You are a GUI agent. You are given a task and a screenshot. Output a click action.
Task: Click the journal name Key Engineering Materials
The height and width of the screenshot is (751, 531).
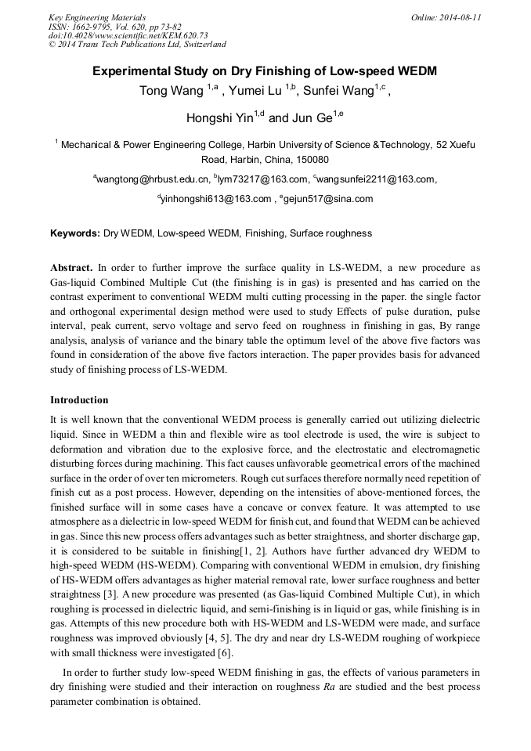pyautogui.click(x=96, y=17)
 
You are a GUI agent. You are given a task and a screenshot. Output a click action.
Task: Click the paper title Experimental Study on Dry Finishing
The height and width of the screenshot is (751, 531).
pyautogui.click(x=265, y=71)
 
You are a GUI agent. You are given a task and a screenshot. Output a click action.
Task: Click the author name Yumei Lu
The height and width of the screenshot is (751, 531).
pyautogui.click(x=257, y=92)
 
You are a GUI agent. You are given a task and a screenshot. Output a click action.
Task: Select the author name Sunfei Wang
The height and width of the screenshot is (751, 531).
pyautogui.click(x=341, y=92)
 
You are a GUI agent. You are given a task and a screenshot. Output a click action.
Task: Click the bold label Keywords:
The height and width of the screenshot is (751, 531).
pyautogui.click(x=75, y=233)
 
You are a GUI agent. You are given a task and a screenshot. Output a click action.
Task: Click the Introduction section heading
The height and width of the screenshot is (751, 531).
pyautogui.click(x=79, y=399)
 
